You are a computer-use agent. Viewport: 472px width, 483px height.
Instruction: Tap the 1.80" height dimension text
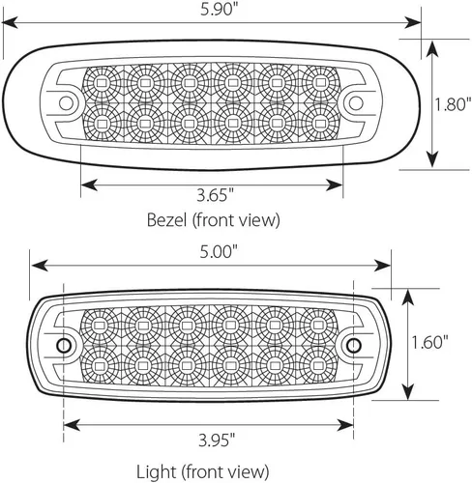[x=453, y=104]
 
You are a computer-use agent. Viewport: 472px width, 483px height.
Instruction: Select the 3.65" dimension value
[x=215, y=195]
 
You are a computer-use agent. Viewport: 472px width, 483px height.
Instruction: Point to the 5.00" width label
[x=219, y=251]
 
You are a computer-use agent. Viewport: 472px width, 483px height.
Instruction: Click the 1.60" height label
[x=430, y=342]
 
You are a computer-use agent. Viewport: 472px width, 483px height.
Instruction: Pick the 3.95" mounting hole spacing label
[x=217, y=440]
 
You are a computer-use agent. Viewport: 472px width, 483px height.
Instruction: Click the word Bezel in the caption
[x=166, y=220]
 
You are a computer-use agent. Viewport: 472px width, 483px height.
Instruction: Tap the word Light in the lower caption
[x=157, y=472]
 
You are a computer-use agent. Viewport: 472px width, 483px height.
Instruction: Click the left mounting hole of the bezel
[x=66, y=103]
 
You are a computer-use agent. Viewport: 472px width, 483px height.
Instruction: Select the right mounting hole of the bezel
[x=356, y=103]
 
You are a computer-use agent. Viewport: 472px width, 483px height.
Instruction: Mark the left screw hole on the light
[x=64, y=346]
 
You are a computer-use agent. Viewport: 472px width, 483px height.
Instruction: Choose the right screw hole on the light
[x=354, y=346]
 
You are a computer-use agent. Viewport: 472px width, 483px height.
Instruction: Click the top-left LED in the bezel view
[x=102, y=83]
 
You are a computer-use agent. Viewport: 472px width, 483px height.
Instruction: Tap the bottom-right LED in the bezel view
[x=319, y=124]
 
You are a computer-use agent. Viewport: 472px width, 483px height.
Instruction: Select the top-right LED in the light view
[x=318, y=325]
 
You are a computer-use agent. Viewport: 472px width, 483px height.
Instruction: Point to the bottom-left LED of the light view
[x=100, y=366]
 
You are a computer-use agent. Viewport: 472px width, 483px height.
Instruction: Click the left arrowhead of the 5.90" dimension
[x=11, y=23]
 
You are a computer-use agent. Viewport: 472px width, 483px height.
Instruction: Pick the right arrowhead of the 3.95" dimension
[x=345, y=425]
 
